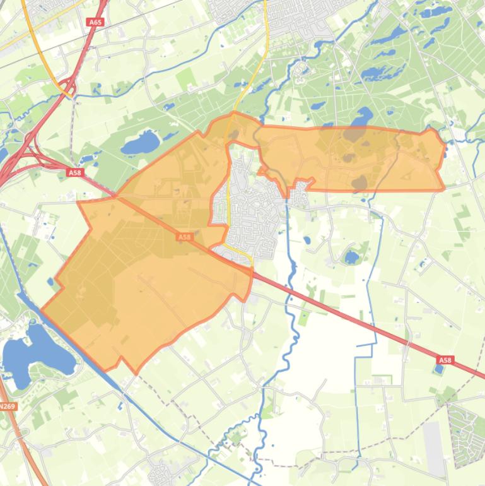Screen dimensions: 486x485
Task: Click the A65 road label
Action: [x=95, y=22]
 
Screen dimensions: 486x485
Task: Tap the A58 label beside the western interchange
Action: [x=74, y=172]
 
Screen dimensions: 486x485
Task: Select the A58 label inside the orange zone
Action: [x=184, y=237]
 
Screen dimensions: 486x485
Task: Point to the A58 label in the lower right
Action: [x=445, y=360]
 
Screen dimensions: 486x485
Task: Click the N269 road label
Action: [x=7, y=406]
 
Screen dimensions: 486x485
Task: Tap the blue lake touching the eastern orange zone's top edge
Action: [x=362, y=118]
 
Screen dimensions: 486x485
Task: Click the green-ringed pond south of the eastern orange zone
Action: [x=351, y=257]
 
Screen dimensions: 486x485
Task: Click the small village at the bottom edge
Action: [x=160, y=473]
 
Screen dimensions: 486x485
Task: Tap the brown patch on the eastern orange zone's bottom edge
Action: [x=359, y=184]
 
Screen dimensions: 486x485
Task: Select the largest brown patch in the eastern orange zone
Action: [x=354, y=133]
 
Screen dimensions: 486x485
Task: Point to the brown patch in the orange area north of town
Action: [x=233, y=134]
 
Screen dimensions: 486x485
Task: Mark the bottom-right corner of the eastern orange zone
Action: [x=443, y=189]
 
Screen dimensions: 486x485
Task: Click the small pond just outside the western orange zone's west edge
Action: [x=50, y=282]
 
